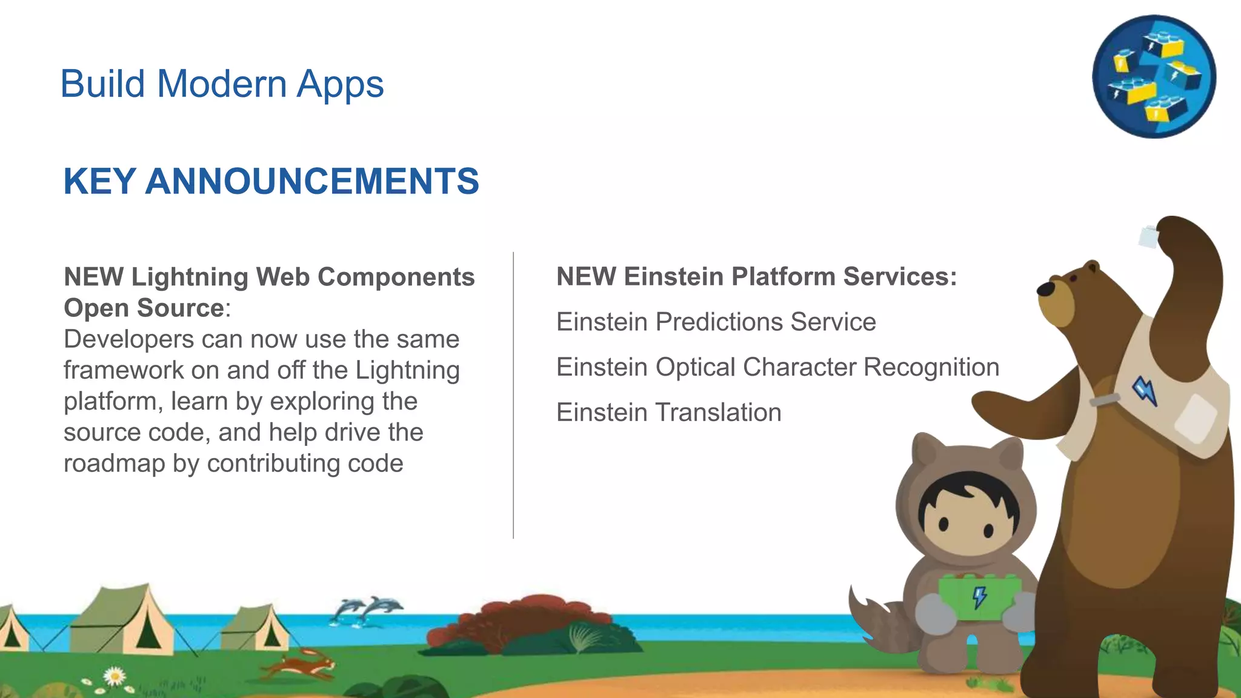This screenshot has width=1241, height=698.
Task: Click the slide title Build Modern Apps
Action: (222, 84)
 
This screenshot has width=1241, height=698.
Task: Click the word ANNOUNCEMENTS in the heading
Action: (312, 181)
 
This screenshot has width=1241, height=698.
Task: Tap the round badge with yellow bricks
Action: (1154, 77)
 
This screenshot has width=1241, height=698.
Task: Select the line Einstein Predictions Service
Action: (716, 322)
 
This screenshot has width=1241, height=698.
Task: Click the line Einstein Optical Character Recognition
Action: (777, 367)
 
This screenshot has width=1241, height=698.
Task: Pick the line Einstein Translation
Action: (668, 413)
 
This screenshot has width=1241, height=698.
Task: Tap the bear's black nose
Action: (1046, 289)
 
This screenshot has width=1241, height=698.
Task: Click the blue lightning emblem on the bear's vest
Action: (1145, 391)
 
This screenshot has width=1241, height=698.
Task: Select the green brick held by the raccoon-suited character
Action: (978, 597)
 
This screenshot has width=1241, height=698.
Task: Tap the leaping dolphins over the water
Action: (367, 610)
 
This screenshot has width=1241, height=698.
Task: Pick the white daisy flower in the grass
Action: (115, 676)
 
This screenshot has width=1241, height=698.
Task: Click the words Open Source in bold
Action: (144, 308)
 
